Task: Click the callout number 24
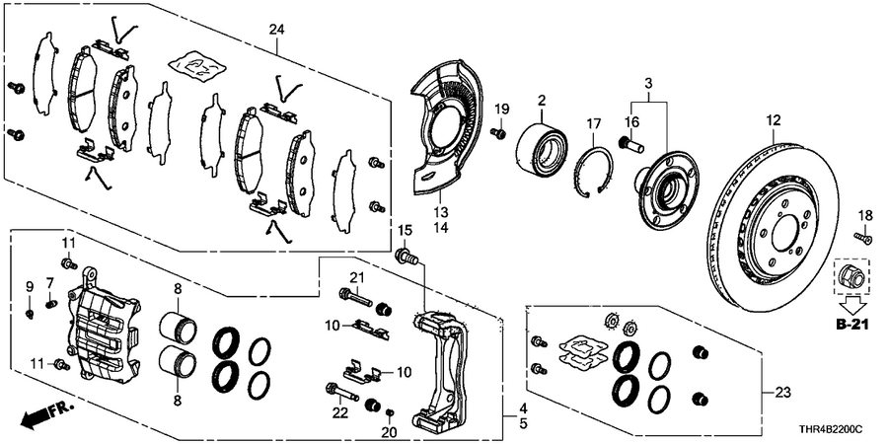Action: pos(276,31)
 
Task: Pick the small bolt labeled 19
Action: pos(498,132)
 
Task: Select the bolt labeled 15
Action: pos(406,259)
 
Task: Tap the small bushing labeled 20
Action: pos(391,411)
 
